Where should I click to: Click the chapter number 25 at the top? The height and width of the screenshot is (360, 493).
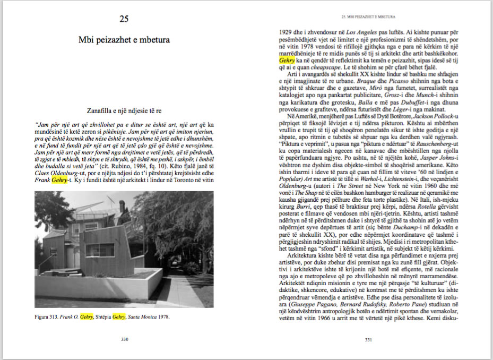124,20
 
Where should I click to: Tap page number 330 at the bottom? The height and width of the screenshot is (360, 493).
124,340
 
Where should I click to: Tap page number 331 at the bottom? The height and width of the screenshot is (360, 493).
368,340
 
